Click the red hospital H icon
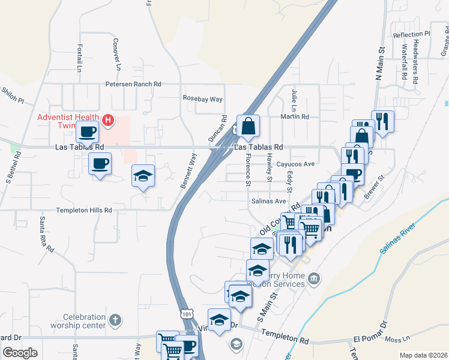tap(108, 121)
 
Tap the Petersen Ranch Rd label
tap(133, 85)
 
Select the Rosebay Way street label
tap(203, 98)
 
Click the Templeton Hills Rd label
tap(84, 210)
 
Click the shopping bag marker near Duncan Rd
tap(248, 127)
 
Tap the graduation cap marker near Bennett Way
tap(143, 176)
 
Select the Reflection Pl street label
tap(412, 35)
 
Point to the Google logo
tap(20, 352)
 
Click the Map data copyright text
tap(423, 355)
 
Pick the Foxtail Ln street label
tap(79, 59)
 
